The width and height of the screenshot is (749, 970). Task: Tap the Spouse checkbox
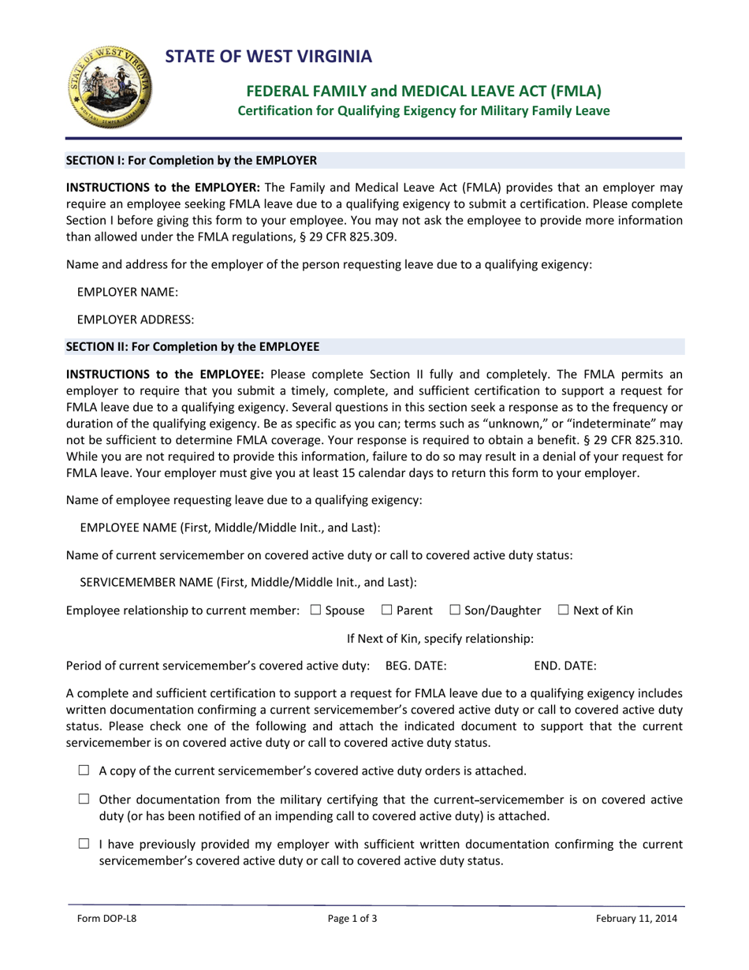[315, 610]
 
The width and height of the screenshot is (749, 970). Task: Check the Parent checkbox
[386, 610]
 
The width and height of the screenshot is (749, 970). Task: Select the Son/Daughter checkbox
[455, 610]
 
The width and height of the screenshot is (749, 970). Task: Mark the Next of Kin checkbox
[563, 610]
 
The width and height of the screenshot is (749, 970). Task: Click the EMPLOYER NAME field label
[128, 293]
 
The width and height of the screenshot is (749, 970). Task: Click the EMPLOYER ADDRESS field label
[136, 319]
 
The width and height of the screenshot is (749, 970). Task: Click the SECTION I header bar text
[191, 160]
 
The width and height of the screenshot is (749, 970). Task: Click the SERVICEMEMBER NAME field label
[248, 582]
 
